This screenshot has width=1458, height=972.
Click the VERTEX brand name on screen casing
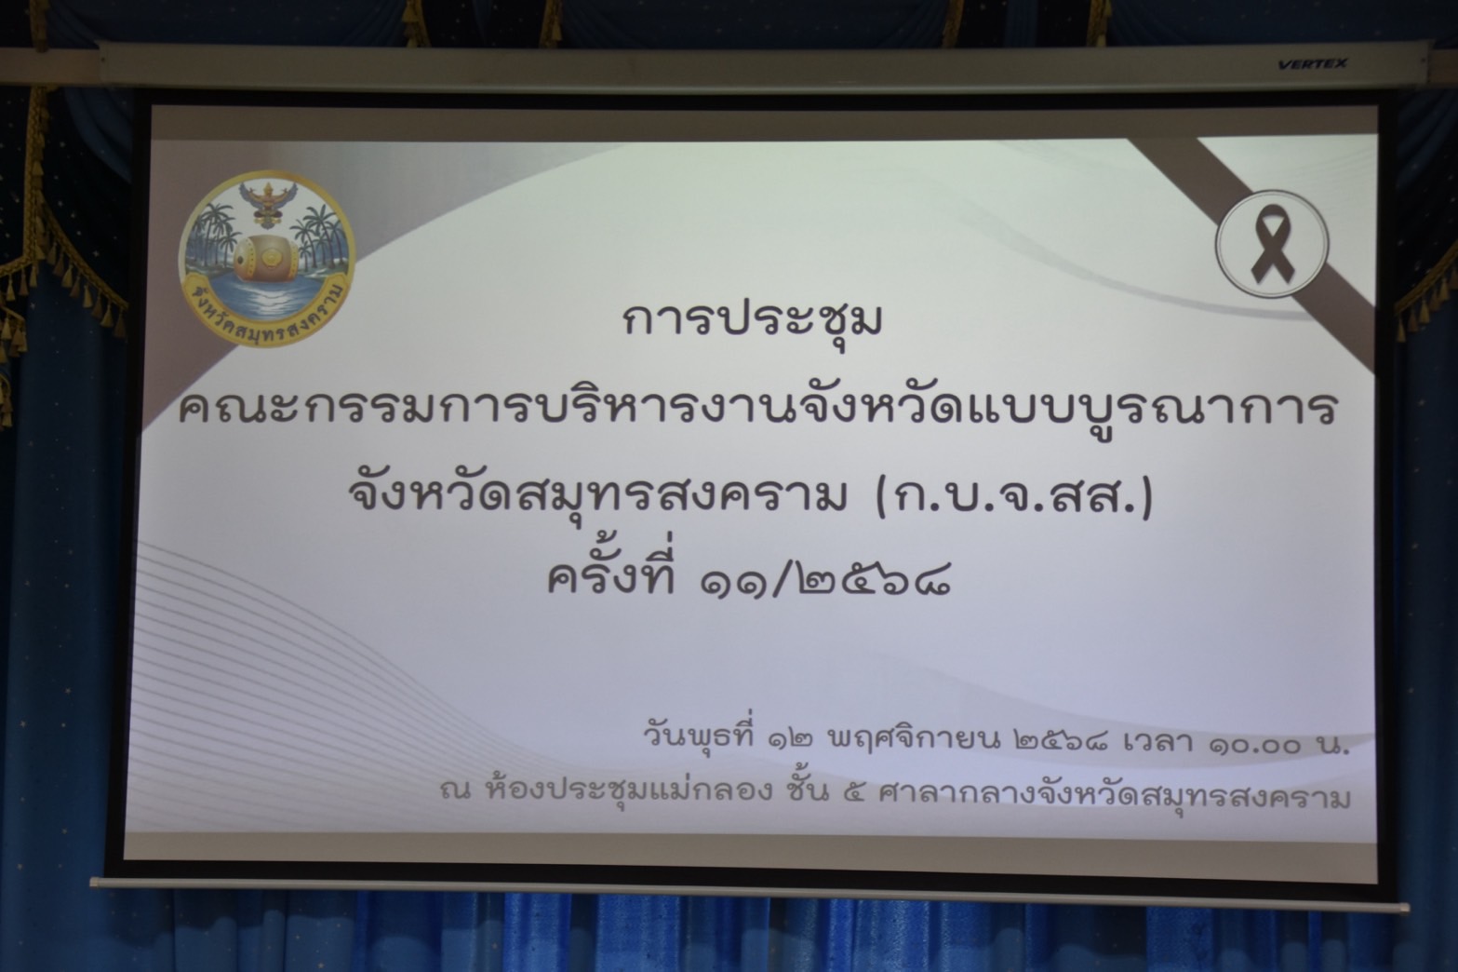pos(1312,64)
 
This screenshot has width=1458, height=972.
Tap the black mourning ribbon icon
pos(1272,244)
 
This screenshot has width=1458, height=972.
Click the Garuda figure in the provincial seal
pos(267,203)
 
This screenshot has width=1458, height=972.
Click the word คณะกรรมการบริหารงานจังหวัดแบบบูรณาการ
pos(758,408)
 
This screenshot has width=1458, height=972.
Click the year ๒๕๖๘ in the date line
pos(1061,741)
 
